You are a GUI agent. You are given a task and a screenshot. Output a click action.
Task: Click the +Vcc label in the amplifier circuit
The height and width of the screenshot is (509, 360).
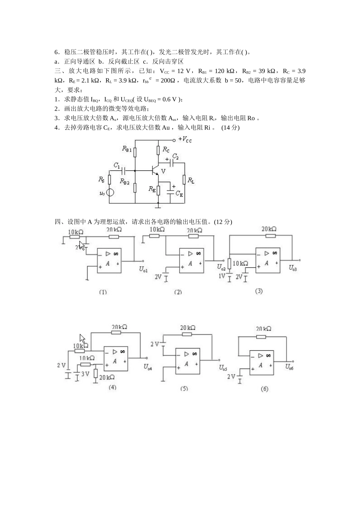[185, 140]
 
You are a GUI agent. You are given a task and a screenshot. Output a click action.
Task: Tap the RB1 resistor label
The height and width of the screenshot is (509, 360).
[127, 149]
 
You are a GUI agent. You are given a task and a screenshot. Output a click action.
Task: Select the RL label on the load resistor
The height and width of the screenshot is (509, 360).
[191, 181]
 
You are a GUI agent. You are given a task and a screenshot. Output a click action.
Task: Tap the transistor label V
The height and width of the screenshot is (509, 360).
[163, 171]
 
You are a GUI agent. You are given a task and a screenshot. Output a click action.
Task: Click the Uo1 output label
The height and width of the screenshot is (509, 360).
[143, 269]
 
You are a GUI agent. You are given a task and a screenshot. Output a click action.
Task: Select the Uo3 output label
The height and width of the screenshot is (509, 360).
[293, 268]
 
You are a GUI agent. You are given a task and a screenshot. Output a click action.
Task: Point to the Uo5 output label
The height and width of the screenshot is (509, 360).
[223, 368]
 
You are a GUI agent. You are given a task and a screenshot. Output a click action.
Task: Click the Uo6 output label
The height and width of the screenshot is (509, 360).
[290, 367]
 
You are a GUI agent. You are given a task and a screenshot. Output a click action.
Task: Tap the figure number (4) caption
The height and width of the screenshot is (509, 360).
[113, 387]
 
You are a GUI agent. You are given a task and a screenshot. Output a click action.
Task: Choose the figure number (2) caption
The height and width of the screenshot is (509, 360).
[178, 292]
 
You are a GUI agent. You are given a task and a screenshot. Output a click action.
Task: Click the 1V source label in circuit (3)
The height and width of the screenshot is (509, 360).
[222, 276]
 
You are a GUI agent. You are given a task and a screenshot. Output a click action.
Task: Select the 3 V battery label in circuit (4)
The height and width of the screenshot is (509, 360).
[85, 374]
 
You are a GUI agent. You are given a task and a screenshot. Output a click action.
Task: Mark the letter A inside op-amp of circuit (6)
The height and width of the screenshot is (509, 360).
[260, 365]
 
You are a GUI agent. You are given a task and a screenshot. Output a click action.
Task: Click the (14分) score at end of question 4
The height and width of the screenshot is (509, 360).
[230, 128]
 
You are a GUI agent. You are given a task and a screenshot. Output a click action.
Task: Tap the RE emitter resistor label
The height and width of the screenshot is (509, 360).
[152, 189]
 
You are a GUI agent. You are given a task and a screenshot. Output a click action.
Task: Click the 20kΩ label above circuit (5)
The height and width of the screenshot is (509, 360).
[188, 328]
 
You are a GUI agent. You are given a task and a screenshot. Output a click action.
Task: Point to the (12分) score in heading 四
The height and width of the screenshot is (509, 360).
[223, 222]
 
